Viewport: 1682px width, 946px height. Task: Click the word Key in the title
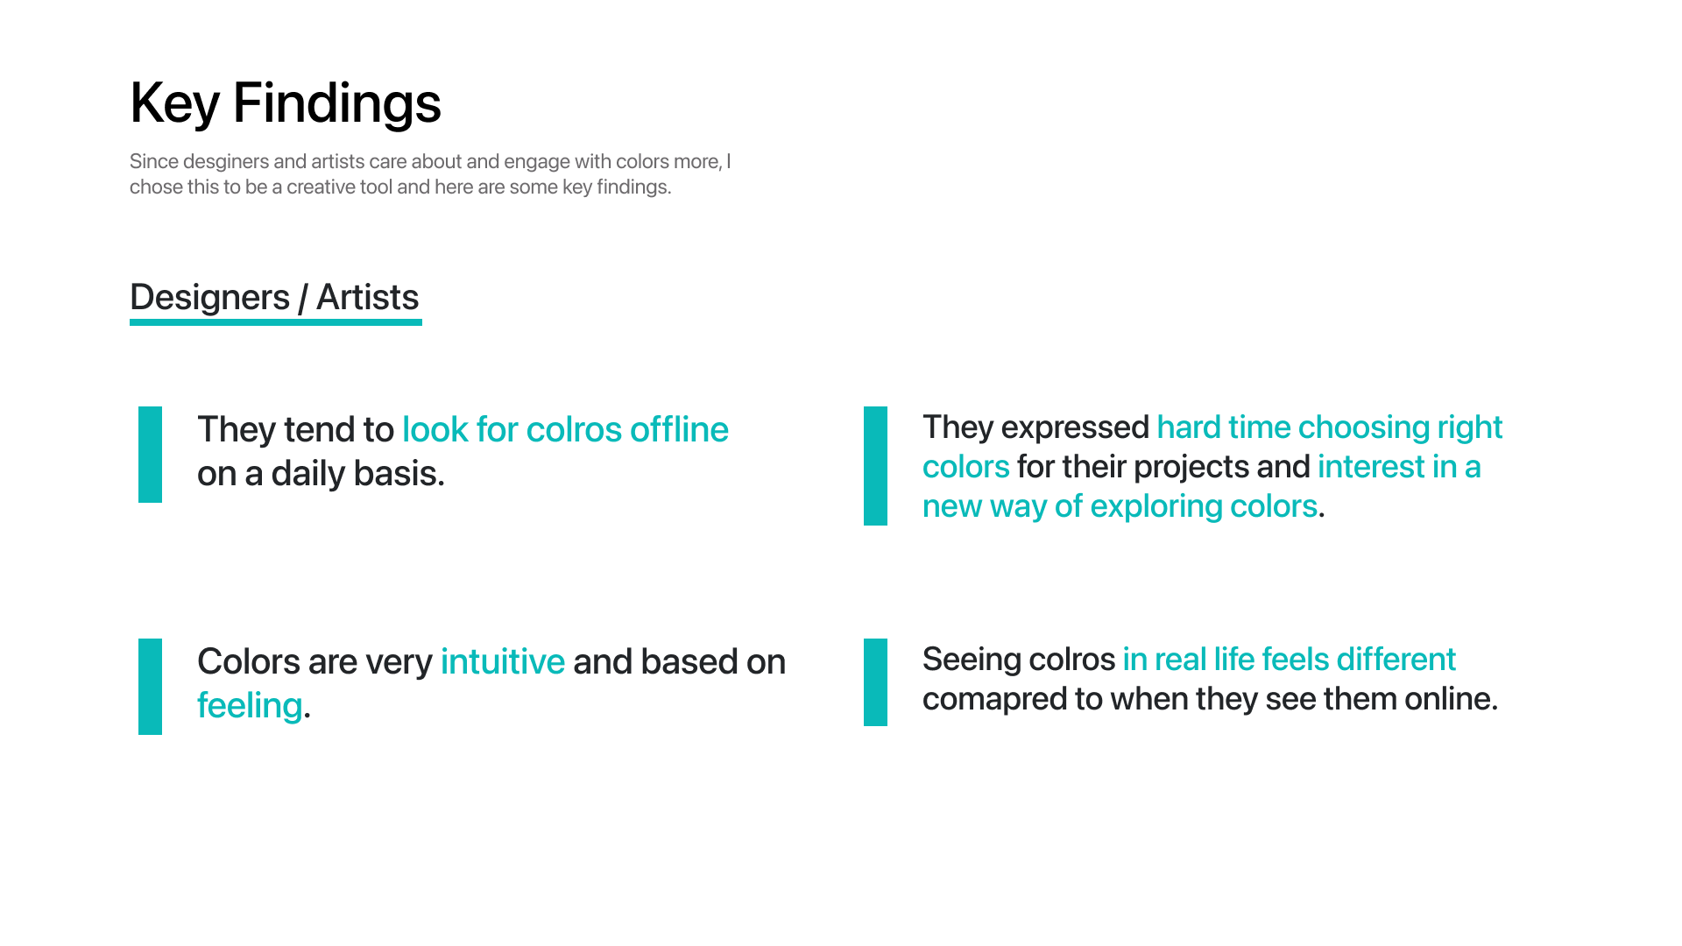[174, 104]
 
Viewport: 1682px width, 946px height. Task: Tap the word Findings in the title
[337, 104]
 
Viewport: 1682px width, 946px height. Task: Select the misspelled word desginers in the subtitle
[226, 163]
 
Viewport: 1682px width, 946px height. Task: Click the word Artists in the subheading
[368, 298]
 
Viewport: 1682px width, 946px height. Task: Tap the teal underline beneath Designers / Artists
[276, 322]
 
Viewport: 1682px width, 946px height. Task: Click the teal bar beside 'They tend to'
[151, 455]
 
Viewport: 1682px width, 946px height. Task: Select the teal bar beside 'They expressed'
[876, 466]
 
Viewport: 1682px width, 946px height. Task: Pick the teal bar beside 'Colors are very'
[151, 687]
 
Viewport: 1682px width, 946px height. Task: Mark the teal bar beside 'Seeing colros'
[876, 682]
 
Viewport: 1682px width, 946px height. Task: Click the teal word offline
[679, 430]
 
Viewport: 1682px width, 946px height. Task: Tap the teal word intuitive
[503, 662]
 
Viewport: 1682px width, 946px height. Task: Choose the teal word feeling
[250, 706]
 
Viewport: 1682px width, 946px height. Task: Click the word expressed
[1075, 428]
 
